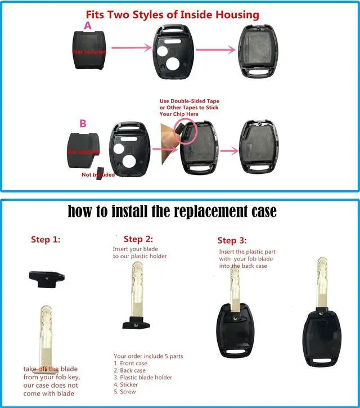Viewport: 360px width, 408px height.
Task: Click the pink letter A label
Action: tap(87, 25)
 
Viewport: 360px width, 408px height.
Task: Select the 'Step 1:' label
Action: tap(46, 240)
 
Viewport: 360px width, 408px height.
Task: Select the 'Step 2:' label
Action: tap(138, 239)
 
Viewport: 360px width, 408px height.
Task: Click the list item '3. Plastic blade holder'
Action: tap(143, 378)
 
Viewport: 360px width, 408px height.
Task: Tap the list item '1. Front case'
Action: tap(130, 364)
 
